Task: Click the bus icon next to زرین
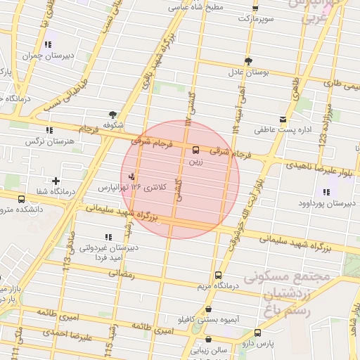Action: [x=195, y=150]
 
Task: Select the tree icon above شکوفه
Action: [x=112, y=114]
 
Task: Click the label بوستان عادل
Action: [x=245, y=72]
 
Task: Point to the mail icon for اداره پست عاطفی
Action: [x=283, y=120]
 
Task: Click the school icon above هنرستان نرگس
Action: [x=49, y=130]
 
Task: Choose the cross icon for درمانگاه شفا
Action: [x=56, y=181]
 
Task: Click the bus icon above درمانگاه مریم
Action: [x=218, y=275]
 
